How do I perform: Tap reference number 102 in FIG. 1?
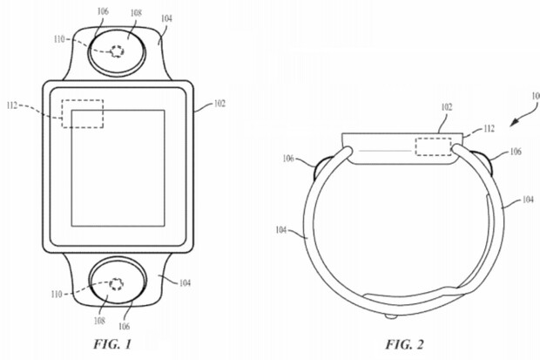(219, 103)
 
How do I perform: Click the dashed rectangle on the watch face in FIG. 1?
(83, 114)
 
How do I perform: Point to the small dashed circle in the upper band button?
(115, 52)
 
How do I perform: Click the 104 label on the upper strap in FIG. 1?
(165, 17)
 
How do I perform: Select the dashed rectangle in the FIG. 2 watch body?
(433, 147)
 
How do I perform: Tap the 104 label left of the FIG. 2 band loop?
(282, 230)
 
